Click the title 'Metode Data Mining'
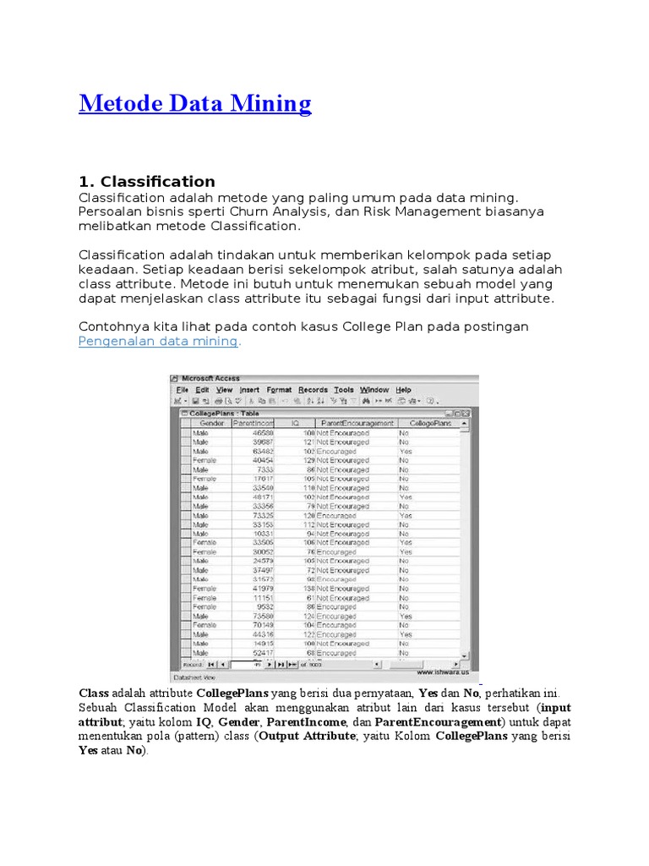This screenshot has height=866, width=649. click(194, 104)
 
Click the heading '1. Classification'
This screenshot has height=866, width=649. click(146, 181)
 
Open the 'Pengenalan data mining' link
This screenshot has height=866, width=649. click(159, 341)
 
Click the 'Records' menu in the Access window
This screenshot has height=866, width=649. click(313, 390)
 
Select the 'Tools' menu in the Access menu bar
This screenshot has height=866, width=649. click(344, 390)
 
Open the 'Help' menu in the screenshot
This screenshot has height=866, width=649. click(403, 390)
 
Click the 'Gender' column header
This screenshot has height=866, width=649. click(210, 422)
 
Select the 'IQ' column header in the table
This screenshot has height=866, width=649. click(295, 422)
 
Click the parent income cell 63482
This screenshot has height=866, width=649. click(263, 451)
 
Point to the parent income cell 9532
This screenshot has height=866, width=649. click(265, 607)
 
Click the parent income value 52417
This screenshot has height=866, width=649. click(263, 653)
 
